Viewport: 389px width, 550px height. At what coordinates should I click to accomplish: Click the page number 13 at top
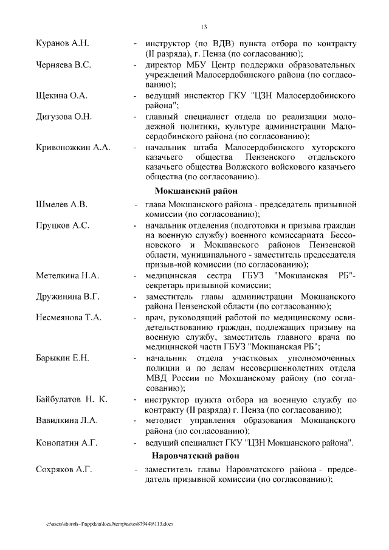[x=204, y=27]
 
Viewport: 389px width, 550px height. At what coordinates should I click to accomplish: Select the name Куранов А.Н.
[x=63, y=44]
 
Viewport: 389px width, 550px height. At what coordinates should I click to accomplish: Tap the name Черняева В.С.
[x=64, y=65]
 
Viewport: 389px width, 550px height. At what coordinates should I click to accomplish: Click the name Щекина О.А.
[x=61, y=95]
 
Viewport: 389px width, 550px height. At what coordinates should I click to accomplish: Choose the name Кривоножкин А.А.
[x=73, y=148]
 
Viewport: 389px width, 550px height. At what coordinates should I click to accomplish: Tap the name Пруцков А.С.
[x=63, y=225]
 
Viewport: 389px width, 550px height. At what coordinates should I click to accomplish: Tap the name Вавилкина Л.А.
[x=67, y=420]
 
